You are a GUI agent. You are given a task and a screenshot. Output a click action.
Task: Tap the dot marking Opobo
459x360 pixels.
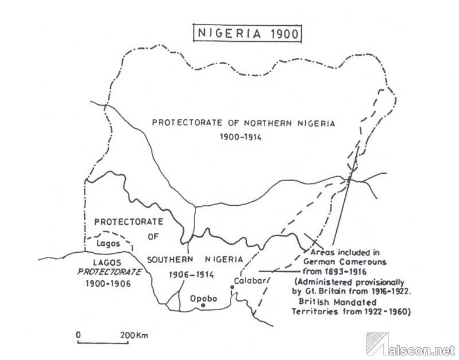pyautogui.click(x=203, y=306)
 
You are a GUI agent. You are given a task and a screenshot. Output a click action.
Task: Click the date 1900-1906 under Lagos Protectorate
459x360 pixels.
pyautogui.click(x=109, y=284)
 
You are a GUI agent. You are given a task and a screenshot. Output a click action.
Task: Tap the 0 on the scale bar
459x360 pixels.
pyautogui.click(x=79, y=334)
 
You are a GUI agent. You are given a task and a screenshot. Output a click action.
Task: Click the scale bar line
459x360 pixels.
pyautogui.click(x=103, y=343)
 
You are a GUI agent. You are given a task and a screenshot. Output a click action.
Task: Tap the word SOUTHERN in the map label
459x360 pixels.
pyautogui.click(x=169, y=260)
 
